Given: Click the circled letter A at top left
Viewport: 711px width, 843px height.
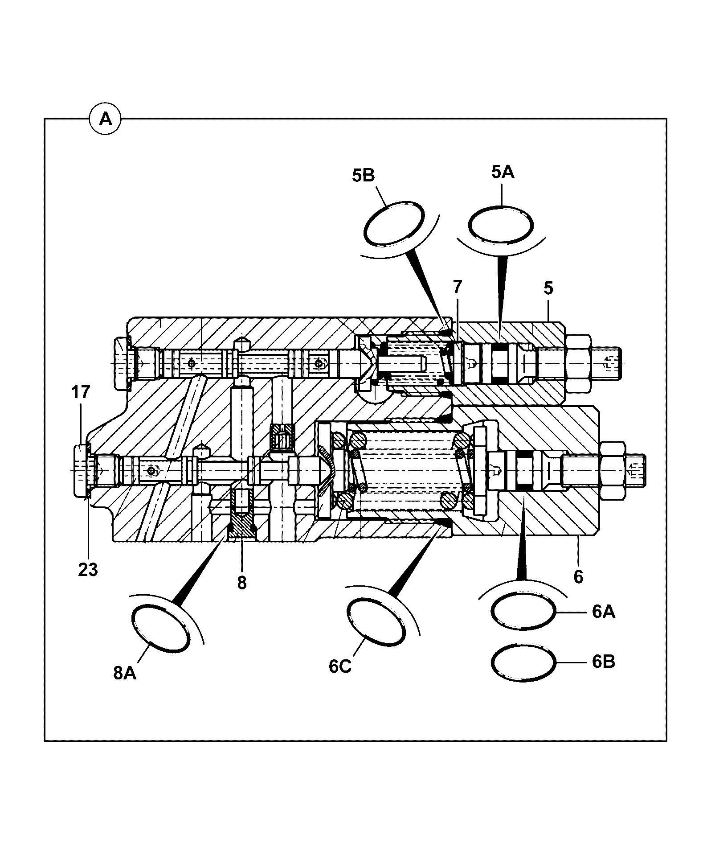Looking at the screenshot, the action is pyautogui.click(x=105, y=119).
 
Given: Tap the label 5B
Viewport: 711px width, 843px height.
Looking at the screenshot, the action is pyautogui.click(x=364, y=175).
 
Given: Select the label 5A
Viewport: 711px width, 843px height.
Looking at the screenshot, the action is pyautogui.click(x=503, y=172).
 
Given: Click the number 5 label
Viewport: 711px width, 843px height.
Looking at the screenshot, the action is pyautogui.click(x=548, y=288).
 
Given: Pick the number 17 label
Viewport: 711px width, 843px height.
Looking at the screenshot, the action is pyautogui.click(x=80, y=392).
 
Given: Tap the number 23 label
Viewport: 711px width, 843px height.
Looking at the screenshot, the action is pyautogui.click(x=88, y=570).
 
